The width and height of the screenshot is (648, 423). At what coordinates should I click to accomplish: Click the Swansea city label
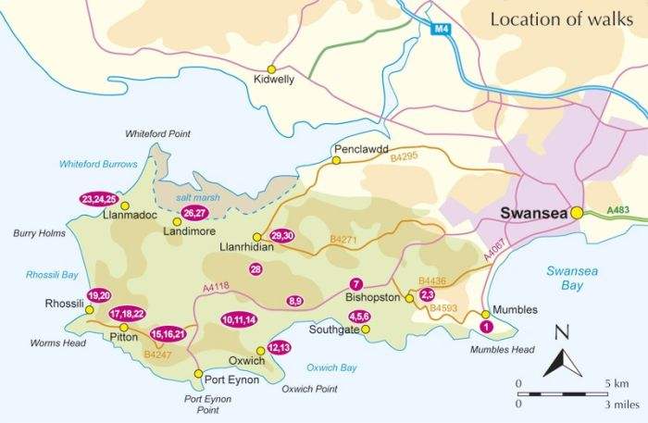pos(533,212)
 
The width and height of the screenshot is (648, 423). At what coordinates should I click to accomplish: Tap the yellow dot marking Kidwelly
pos(272,68)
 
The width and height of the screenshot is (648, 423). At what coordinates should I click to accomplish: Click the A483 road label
pos(620,212)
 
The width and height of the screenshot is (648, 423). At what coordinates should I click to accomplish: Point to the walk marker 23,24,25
pos(98,199)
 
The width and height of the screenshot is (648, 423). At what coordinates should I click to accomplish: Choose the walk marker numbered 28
pos(256,268)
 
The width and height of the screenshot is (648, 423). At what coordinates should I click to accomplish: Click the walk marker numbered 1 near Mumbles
pos(487,326)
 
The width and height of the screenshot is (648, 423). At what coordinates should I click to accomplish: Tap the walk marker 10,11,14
pos(238,319)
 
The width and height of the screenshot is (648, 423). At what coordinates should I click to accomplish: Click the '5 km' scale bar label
pos(617,382)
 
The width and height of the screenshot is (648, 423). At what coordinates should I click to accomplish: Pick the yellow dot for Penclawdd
pos(337,160)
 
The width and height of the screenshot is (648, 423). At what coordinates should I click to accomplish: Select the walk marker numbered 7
pos(355,283)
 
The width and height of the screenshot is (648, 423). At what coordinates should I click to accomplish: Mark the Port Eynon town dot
pos(198,374)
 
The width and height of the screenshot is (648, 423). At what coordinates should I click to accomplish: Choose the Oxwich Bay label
pos(330,367)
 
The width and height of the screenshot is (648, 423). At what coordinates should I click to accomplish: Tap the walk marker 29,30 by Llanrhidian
pos(282,235)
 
